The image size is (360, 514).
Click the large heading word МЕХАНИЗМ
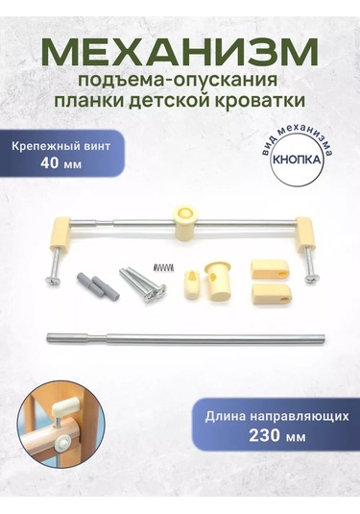pos(180,53)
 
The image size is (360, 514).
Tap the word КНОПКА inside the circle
pos(297,159)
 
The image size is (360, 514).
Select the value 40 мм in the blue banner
pos(60,163)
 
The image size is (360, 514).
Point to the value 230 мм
pos(277,435)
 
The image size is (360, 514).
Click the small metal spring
pos(164,267)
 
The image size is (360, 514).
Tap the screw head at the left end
pos(52,281)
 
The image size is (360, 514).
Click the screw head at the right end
pos(309,279)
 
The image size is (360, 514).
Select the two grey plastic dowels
pos(97,283)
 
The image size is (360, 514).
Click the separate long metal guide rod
pos(185,338)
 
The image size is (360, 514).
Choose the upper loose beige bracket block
pos(271,269)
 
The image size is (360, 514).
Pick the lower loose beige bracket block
pos(271,294)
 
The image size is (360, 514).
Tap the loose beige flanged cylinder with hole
pos(217,281)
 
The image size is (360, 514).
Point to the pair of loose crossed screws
pos(142,284)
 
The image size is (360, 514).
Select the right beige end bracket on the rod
pos(306,232)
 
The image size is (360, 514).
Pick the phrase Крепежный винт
pos(60,146)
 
